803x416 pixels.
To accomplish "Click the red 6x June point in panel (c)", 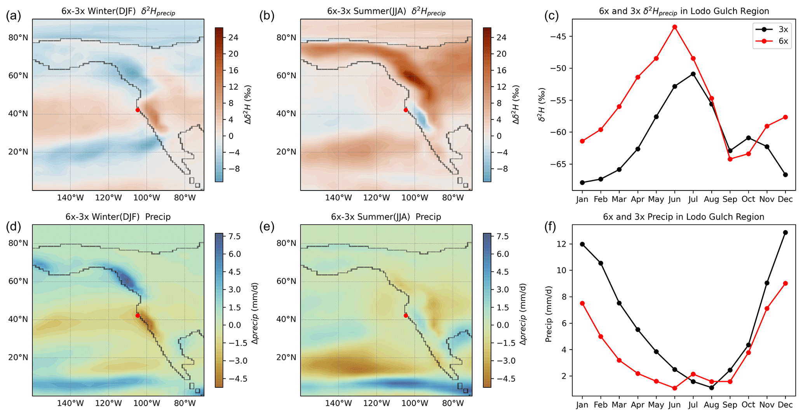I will pos(674,27).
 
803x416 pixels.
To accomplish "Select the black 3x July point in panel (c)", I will pos(693,74).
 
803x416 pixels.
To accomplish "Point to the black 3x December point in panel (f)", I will pos(786,232).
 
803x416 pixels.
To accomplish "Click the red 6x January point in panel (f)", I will pos(582,303).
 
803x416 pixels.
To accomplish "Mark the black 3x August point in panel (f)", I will pos(711,388).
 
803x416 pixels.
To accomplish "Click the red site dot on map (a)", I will pos(138,110).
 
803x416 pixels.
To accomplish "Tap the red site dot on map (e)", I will pos(406,315).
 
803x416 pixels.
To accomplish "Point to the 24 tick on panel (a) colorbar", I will pos(233,38).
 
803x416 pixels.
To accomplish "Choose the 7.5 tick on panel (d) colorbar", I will pos(233,236).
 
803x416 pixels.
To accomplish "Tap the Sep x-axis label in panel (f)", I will pos(730,405).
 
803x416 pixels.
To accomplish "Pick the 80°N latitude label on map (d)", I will pos(18,243).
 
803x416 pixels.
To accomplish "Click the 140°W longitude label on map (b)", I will pos(338,198).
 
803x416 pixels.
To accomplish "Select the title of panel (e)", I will pos(386,217).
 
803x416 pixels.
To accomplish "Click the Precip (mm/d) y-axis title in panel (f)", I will pos(549,314).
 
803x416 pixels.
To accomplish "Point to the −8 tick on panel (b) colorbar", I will pos(502,169).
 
